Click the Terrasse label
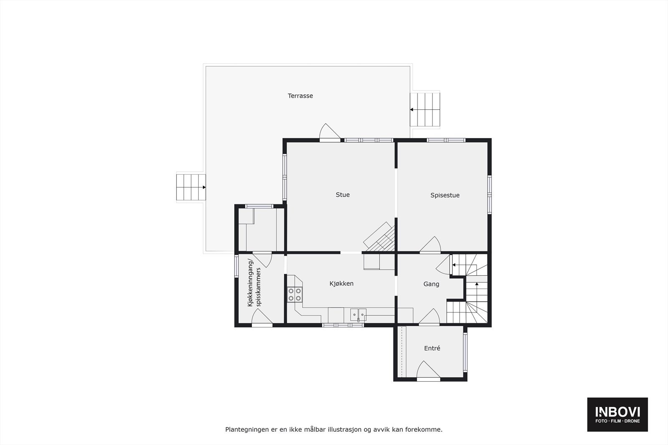tap(300, 96)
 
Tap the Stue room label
tap(343, 195)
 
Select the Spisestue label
tap(445, 195)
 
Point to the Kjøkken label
tap(342, 284)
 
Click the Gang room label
tap(431, 284)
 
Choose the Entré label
tap(432, 348)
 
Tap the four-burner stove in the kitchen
tap(294, 294)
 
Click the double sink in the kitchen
tap(358, 314)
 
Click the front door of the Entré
tap(428, 371)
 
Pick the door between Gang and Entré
tap(430, 317)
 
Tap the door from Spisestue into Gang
tap(430, 246)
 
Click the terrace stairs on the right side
tap(425, 110)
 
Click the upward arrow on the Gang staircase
tap(477, 284)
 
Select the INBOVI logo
tap(617, 414)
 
